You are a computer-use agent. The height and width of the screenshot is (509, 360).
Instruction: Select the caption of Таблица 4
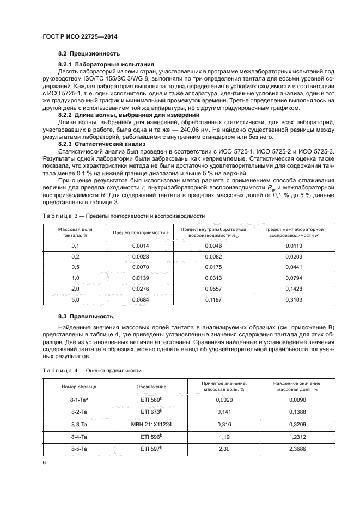(x=92, y=370)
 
